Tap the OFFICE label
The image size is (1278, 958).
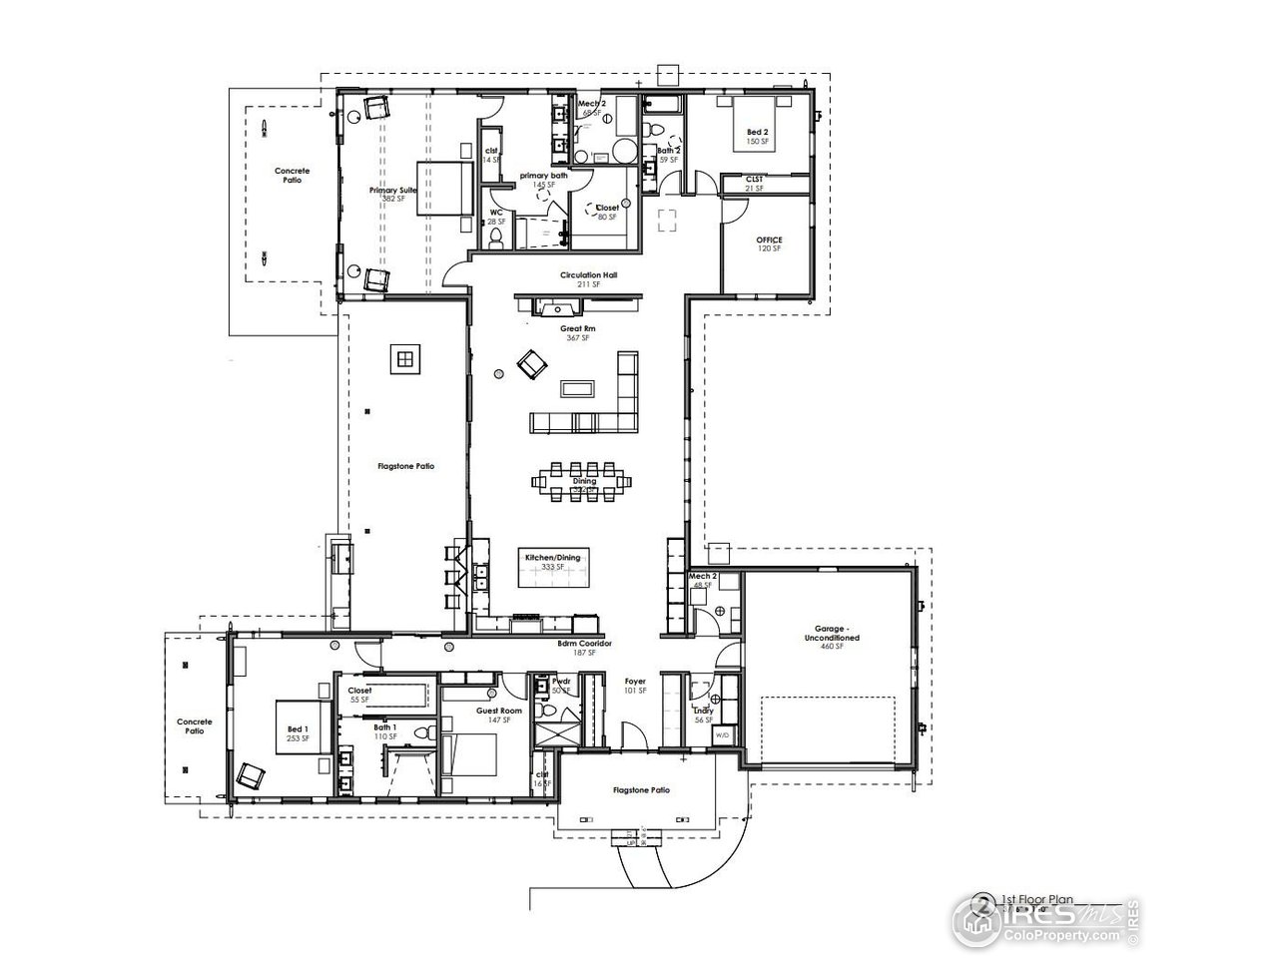769,240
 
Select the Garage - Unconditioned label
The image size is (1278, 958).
831,637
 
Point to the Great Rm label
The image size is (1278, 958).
577,327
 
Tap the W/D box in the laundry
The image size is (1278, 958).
722,735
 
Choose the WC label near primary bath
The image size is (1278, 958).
495,213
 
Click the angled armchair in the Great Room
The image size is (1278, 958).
531,363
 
